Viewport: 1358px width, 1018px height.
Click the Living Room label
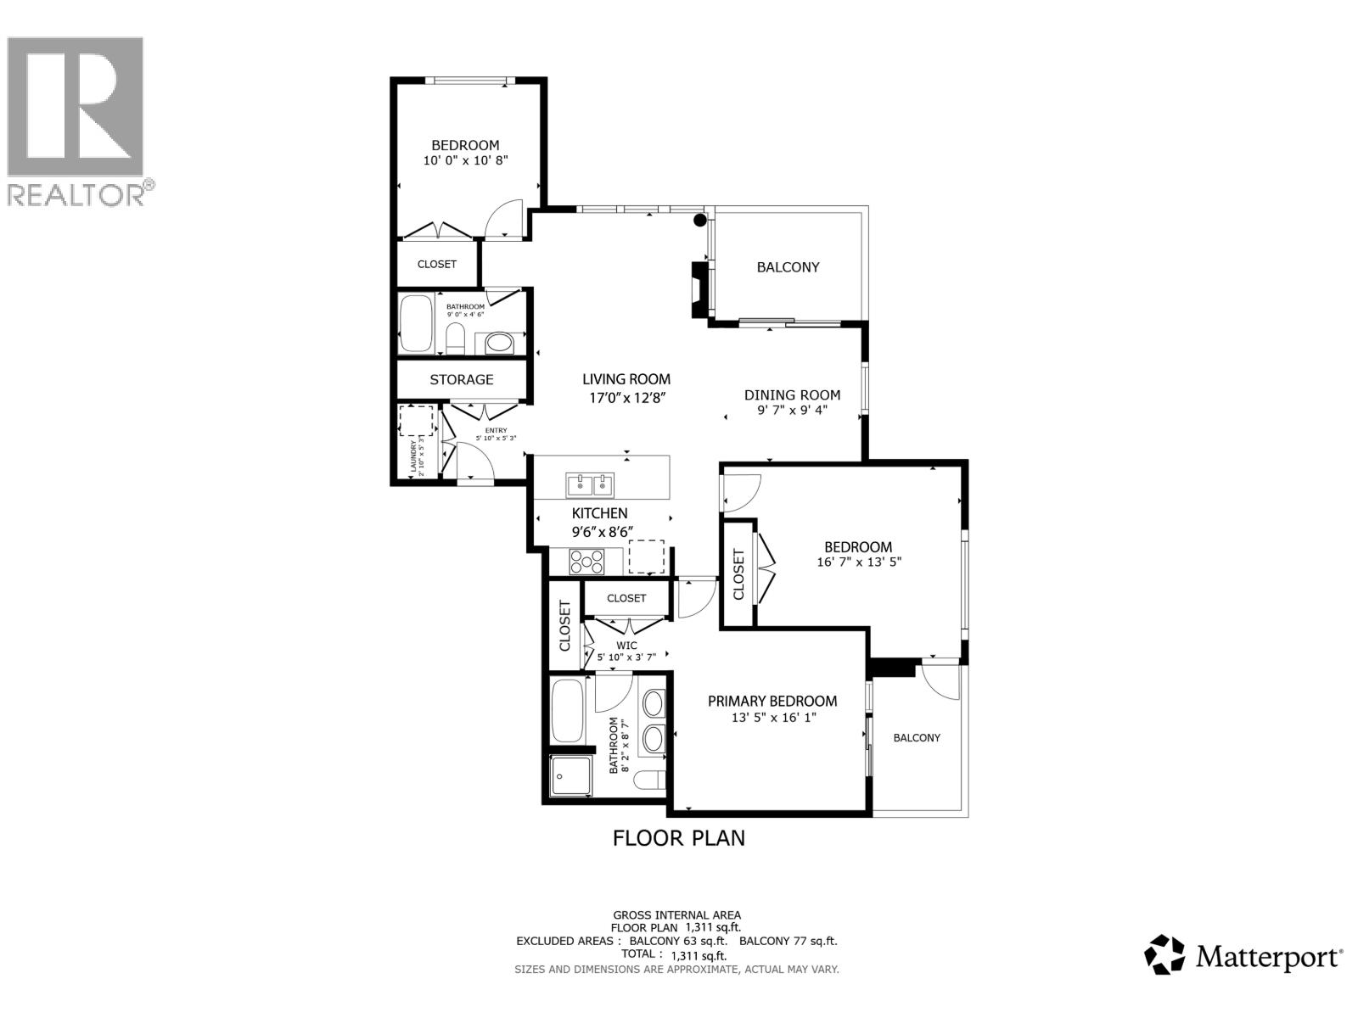click(626, 379)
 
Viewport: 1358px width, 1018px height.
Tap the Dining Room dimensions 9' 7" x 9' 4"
click(792, 410)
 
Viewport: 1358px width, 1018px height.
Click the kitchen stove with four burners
click(586, 562)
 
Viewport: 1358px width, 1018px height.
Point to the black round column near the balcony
click(700, 221)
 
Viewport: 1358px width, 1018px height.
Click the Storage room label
click(461, 379)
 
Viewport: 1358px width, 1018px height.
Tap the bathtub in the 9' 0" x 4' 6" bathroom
click(416, 323)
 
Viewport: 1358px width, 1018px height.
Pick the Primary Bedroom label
click(772, 701)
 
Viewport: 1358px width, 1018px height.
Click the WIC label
click(626, 646)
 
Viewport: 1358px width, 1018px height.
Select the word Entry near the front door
click(495, 430)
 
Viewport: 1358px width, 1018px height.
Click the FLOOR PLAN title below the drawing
click(679, 838)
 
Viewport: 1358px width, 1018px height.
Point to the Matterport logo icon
click(1164, 955)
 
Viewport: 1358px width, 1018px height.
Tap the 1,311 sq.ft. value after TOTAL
click(699, 955)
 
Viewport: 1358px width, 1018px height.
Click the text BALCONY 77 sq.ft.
click(788, 941)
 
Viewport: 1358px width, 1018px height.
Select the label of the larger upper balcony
click(788, 267)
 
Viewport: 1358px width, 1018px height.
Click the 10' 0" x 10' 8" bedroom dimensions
click(465, 159)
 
